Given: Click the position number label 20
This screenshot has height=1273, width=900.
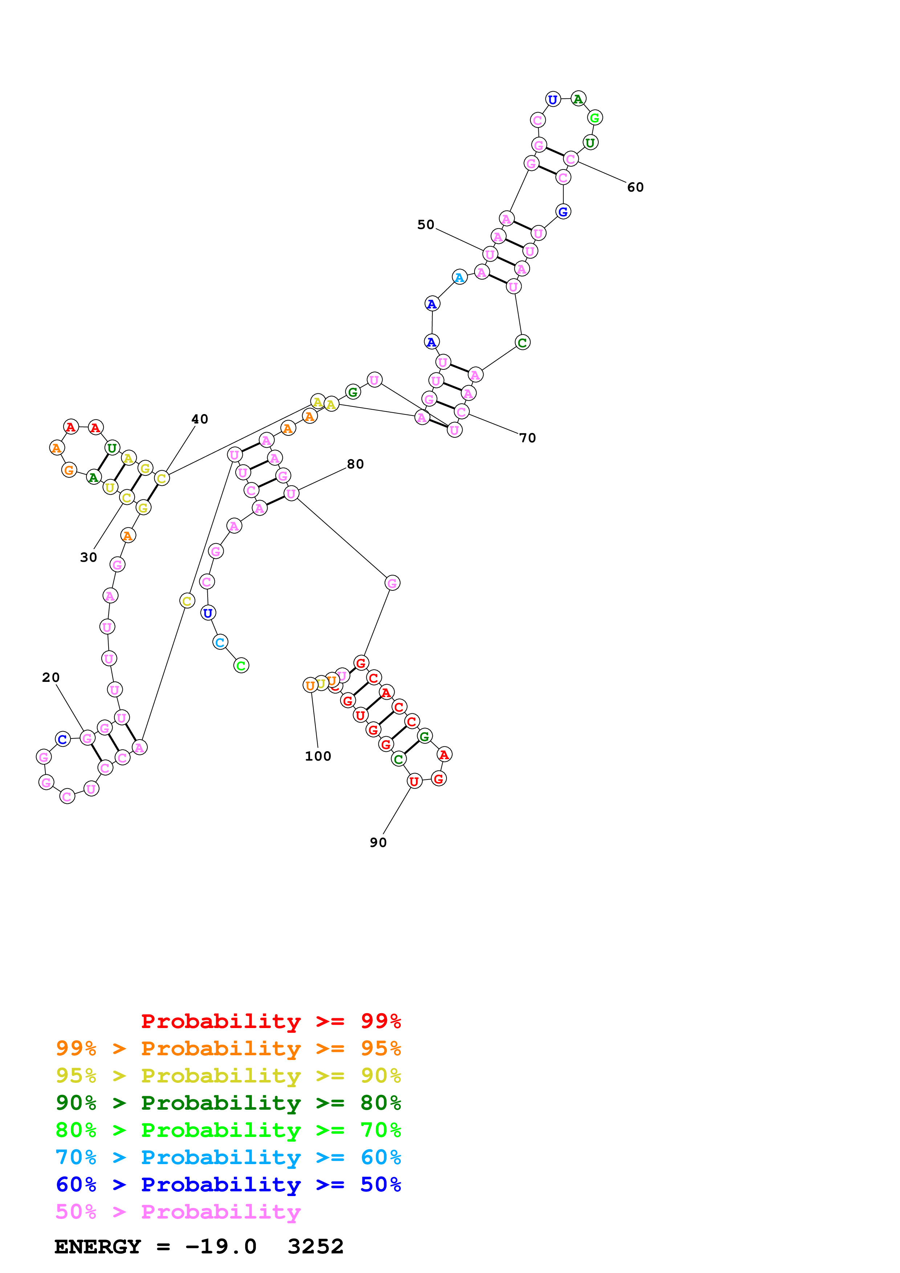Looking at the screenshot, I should (x=50, y=678).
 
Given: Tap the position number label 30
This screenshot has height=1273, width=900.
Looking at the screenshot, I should (x=88, y=557).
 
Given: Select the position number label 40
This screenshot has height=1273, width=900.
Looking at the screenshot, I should (x=200, y=419).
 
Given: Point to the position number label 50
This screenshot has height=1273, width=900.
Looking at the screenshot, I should (x=425, y=225).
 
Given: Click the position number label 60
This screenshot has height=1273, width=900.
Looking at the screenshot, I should (x=635, y=187).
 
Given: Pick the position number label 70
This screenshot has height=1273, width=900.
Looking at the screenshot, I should (x=528, y=438).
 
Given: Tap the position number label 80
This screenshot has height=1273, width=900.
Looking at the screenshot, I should (x=355, y=464).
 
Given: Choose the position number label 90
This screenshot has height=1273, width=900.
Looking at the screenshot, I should (x=378, y=843).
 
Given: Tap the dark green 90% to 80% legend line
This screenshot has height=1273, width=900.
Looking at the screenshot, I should (x=228, y=1103).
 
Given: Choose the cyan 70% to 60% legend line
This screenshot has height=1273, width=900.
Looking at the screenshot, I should (x=228, y=1157).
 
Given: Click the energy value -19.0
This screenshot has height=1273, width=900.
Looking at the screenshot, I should (x=221, y=1247).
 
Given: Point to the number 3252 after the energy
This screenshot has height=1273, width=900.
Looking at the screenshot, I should (x=315, y=1247).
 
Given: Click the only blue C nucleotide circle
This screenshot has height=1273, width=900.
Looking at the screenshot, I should (x=63, y=739).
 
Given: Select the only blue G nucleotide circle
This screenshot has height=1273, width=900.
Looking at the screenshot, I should (x=563, y=212).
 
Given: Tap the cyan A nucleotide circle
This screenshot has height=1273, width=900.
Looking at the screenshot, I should (x=459, y=277).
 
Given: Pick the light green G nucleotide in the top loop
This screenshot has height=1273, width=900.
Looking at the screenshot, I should (x=594, y=118).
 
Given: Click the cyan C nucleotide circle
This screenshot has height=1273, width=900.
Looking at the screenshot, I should (x=220, y=642).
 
